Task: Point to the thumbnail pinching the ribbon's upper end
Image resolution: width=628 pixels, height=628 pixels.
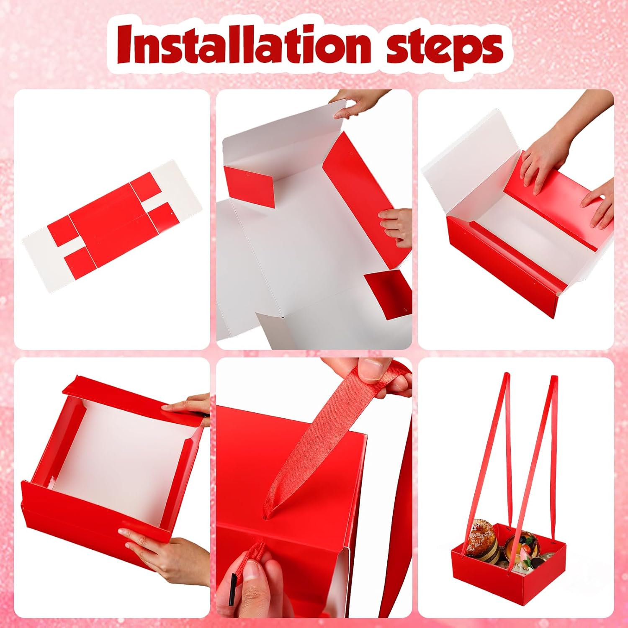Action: coord(373,369)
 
